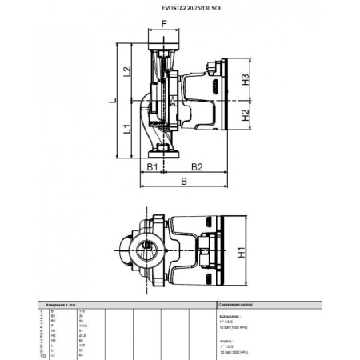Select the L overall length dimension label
point(114,100)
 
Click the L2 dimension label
point(127,73)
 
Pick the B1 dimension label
point(150,166)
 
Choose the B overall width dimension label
point(185,182)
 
